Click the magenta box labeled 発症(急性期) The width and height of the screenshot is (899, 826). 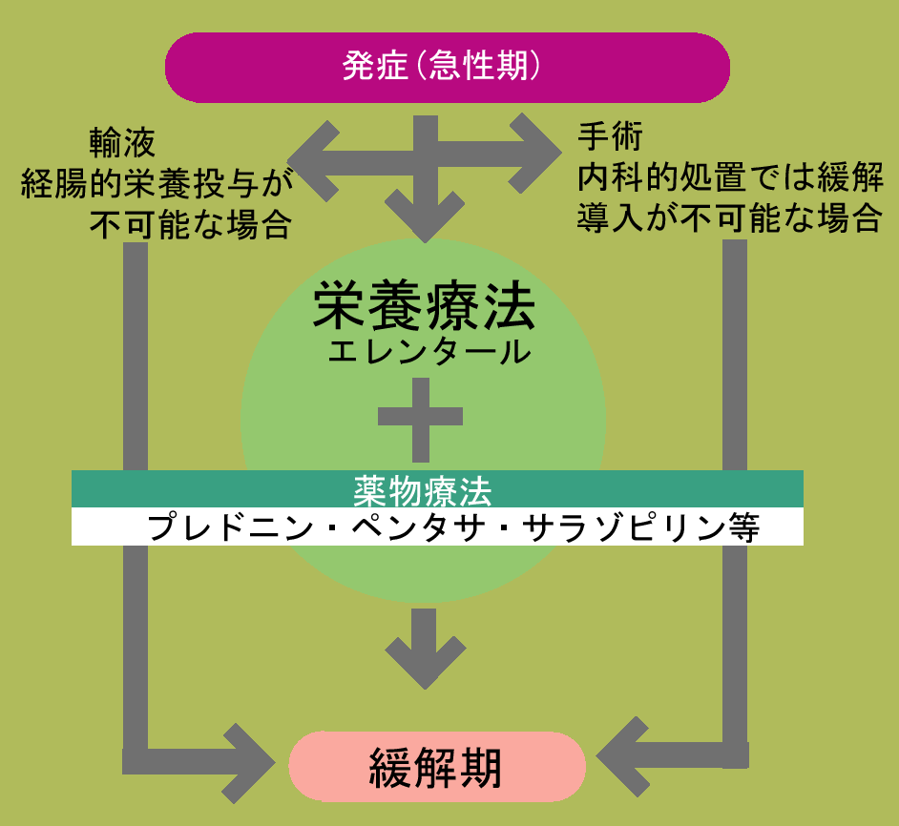click(x=448, y=68)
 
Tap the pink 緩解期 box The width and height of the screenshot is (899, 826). click(x=436, y=766)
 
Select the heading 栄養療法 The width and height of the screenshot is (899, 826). click(x=424, y=306)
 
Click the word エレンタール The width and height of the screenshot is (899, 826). click(x=429, y=352)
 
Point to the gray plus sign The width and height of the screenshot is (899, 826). click(x=421, y=417)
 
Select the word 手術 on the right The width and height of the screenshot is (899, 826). click(x=610, y=136)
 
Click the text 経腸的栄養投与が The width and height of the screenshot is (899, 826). click(x=156, y=183)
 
